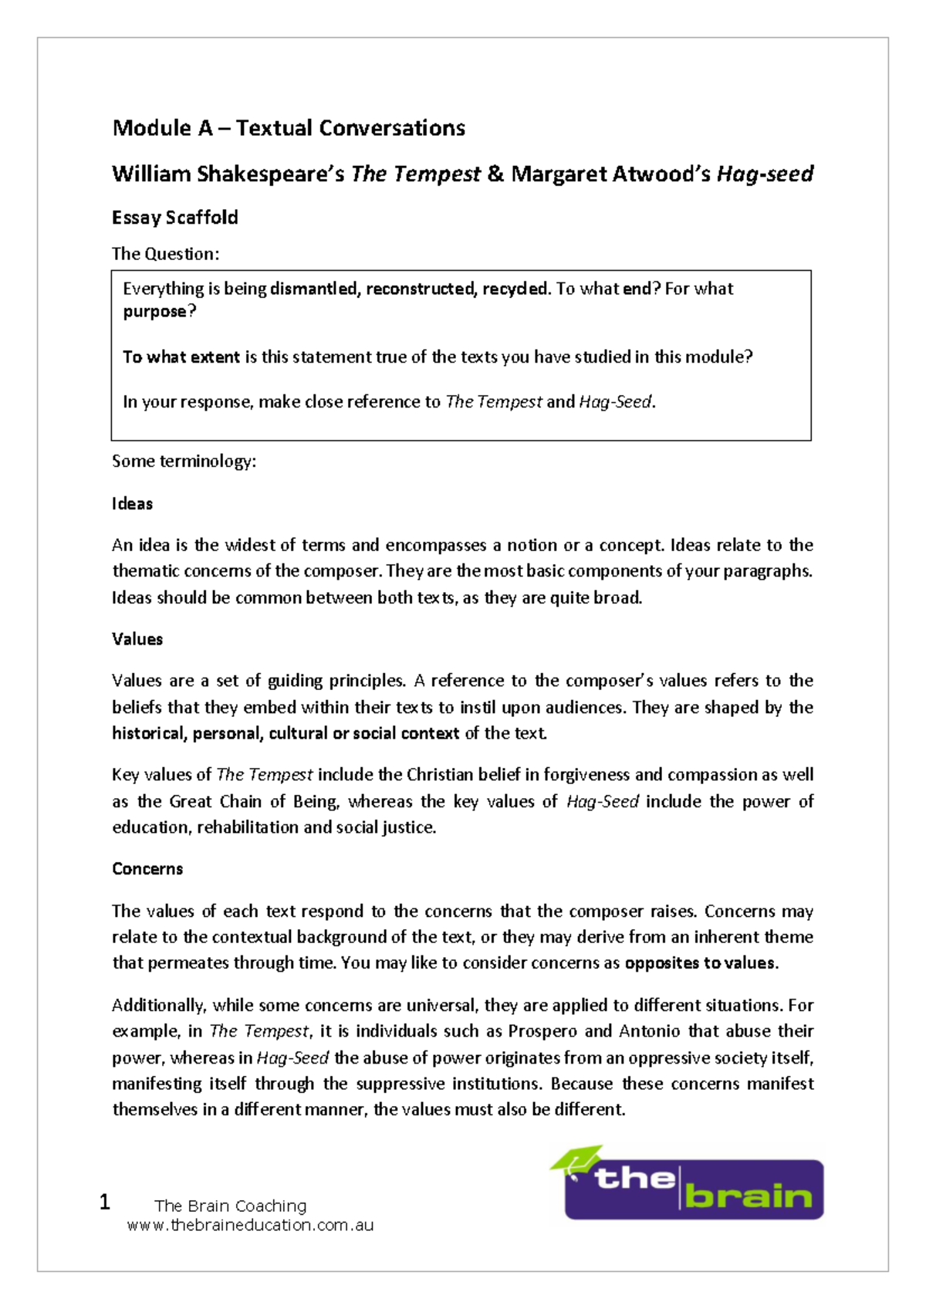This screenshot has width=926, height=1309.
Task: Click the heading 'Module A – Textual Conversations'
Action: click(289, 127)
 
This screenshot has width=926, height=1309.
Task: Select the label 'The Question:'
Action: click(165, 254)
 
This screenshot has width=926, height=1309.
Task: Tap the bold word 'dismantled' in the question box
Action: click(314, 289)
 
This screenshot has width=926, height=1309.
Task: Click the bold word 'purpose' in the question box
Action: click(154, 312)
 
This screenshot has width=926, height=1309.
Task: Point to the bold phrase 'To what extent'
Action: click(181, 357)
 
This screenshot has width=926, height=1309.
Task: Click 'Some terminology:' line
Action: click(184, 462)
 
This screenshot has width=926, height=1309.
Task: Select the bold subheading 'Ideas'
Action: click(132, 504)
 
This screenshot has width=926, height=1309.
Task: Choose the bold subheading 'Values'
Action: click(137, 639)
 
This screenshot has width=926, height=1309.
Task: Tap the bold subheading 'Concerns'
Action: click(147, 869)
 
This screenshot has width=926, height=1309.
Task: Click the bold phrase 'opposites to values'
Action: click(699, 963)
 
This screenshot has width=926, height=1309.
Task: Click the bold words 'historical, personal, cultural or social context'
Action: click(286, 733)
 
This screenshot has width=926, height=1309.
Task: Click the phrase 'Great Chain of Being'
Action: click(253, 801)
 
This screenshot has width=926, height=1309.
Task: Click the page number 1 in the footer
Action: click(105, 1202)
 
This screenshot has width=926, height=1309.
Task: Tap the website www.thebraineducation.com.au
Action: click(250, 1225)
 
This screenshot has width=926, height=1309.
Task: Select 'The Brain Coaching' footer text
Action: click(230, 1206)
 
